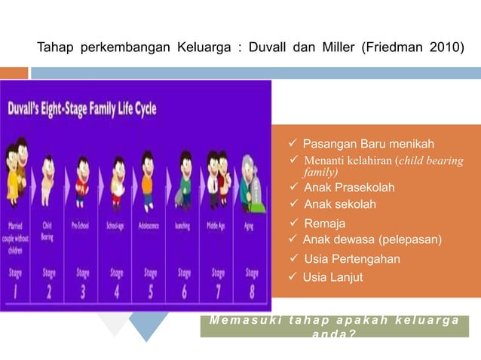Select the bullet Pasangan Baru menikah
click(368, 143)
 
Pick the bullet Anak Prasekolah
click(348, 188)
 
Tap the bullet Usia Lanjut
click(332, 278)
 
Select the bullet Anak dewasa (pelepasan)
click(372, 240)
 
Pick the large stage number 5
click(150, 290)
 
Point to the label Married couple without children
click(15, 233)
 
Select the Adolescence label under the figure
click(149, 225)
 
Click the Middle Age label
click(216, 225)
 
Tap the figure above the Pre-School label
click(81, 181)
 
